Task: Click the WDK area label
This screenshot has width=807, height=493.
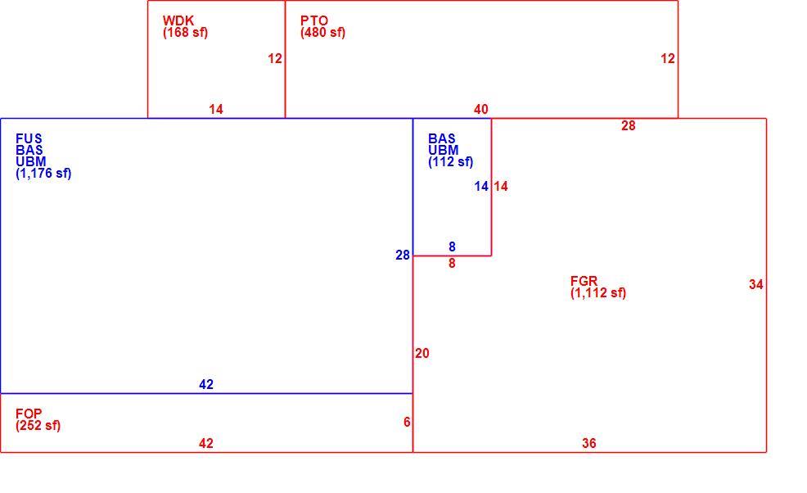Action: pyautogui.click(x=178, y=20)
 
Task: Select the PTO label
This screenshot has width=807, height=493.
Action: pyautogui.click(x=314, y=20)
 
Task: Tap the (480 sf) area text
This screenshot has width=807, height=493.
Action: pyautogui.click(x=322, y=33)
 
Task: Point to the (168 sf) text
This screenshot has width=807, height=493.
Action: pyautogui.click(x=185, y=33)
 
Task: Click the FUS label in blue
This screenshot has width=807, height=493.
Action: pyautogui.click(x=29, y=138)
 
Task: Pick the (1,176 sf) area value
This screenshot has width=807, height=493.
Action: pyautogui.click(x=43, y=173)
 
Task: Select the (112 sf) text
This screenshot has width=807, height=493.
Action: pyautogui.click(x=450, y=162)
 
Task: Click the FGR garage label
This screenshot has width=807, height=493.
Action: pyautogui.click(x=584, y=281)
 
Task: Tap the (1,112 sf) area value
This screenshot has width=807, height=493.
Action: pyautogui.click(x=598, y=293)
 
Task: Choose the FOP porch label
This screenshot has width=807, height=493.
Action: pyautogui.click(x=29, y=414)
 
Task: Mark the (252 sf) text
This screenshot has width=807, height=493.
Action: pyautogui.click(x=38, y=426)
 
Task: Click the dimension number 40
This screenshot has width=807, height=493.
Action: pyautogui.click(x=480, y=109)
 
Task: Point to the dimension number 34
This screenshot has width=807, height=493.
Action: pyautogui.click(x=756, y=284)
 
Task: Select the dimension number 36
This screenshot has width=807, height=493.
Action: pyautogui.click(x=588, y=443)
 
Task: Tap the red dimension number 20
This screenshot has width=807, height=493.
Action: pyautogui.click(x=422, y=354)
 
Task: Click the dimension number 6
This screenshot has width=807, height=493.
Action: pyautogui.click(x=407, y=423)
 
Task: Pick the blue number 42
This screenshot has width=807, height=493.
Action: pyautogui.click(x=206, y=384)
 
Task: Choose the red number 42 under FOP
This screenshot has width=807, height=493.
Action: pyautogui.click(x=206, y=443)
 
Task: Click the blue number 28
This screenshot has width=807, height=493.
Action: pyautogui.click(x=403, y=255)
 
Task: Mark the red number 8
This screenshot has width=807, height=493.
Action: pyautogui.click(x=452, y=263)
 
